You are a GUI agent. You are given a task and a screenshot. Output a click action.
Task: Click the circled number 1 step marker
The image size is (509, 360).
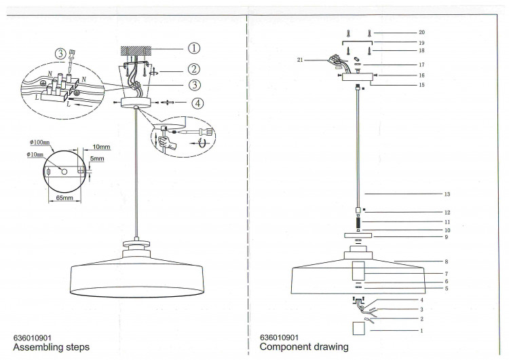coord(194,48)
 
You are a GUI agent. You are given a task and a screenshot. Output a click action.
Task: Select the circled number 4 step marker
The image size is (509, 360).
coord(197,103)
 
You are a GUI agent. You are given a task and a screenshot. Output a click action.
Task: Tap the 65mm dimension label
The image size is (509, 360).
coord(64,198)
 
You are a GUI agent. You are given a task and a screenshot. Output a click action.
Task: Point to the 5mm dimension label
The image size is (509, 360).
coord(97,158)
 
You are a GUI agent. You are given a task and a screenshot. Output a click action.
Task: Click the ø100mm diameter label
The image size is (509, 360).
coord(39,143)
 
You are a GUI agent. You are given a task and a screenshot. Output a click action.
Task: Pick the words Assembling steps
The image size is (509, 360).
coord(52,347)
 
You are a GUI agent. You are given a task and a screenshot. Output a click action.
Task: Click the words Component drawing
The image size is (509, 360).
coord(304,346)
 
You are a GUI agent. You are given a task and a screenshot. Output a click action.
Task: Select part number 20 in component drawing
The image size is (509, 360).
coord(421,32)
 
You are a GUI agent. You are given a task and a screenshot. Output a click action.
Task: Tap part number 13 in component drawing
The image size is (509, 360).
coord(447,194)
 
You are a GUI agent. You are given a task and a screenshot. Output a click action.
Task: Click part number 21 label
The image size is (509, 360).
coord(300,60)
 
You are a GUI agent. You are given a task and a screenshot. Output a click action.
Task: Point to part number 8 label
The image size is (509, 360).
coord(447,262)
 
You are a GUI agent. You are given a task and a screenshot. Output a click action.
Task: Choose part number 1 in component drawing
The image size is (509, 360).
coord(421,331)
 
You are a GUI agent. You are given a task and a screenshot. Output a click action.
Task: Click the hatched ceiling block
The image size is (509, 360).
coord(136,50)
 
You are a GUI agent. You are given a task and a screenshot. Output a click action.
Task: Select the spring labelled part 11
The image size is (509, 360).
coord(358,222)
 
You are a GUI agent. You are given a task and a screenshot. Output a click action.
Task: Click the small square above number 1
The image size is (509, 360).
coord(359,328)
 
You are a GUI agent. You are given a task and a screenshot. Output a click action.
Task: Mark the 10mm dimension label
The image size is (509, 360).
coord(101,147)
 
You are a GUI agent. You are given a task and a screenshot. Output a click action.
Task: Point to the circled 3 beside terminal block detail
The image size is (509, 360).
coord(60,54)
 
